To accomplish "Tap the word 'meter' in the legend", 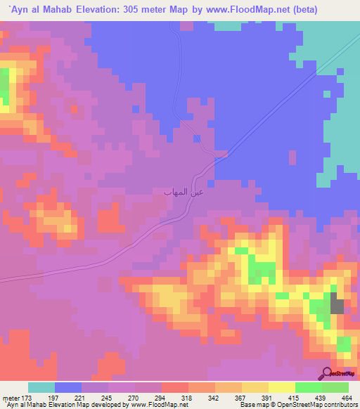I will pos(10,398).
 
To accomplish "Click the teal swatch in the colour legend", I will pos(41,387).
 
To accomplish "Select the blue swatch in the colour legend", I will pos(68,387).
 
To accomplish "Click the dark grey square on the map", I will pos(337,306).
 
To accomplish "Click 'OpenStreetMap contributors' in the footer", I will pos(313,405).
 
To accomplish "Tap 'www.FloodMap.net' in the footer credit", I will pos(153,405).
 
